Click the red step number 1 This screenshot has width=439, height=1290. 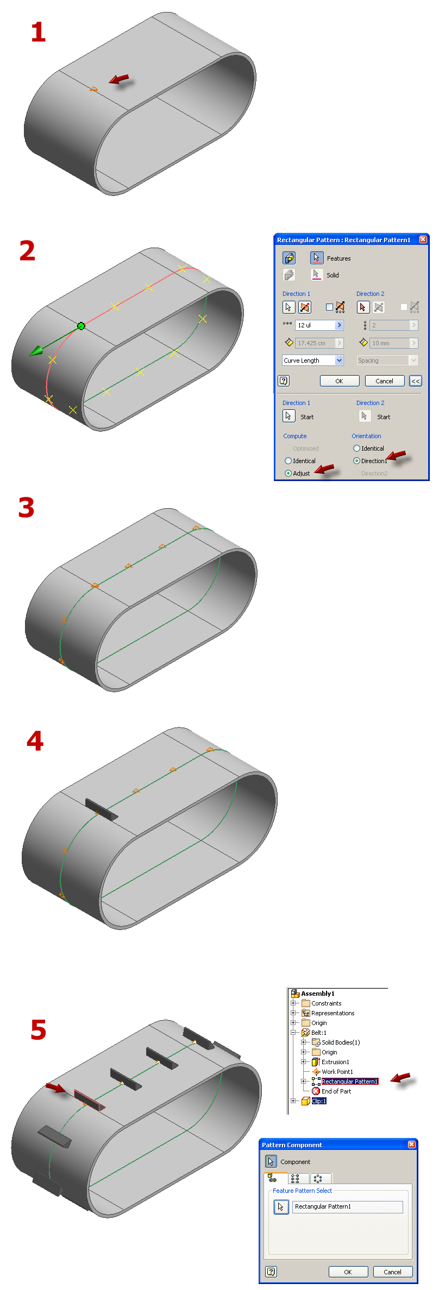pos(38,32)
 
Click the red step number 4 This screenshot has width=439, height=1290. pos(35,741)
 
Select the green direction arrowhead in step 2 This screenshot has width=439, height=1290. pos(36,351)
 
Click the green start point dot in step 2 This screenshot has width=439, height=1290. pos(81,326)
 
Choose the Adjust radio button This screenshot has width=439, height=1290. pos(289,473)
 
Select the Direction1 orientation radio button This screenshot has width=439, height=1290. pos(357,461)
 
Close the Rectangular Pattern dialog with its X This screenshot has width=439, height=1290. pos(423,239)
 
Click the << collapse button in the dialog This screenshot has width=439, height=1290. pos(416,381)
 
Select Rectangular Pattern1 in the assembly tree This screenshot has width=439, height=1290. pos(349,1082)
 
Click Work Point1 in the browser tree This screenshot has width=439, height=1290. pos(337,1072)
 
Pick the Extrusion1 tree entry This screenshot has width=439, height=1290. pos(335,1062)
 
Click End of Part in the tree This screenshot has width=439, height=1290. pos(336,1091)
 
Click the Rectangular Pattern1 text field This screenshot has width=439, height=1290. pos(348,1206)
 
